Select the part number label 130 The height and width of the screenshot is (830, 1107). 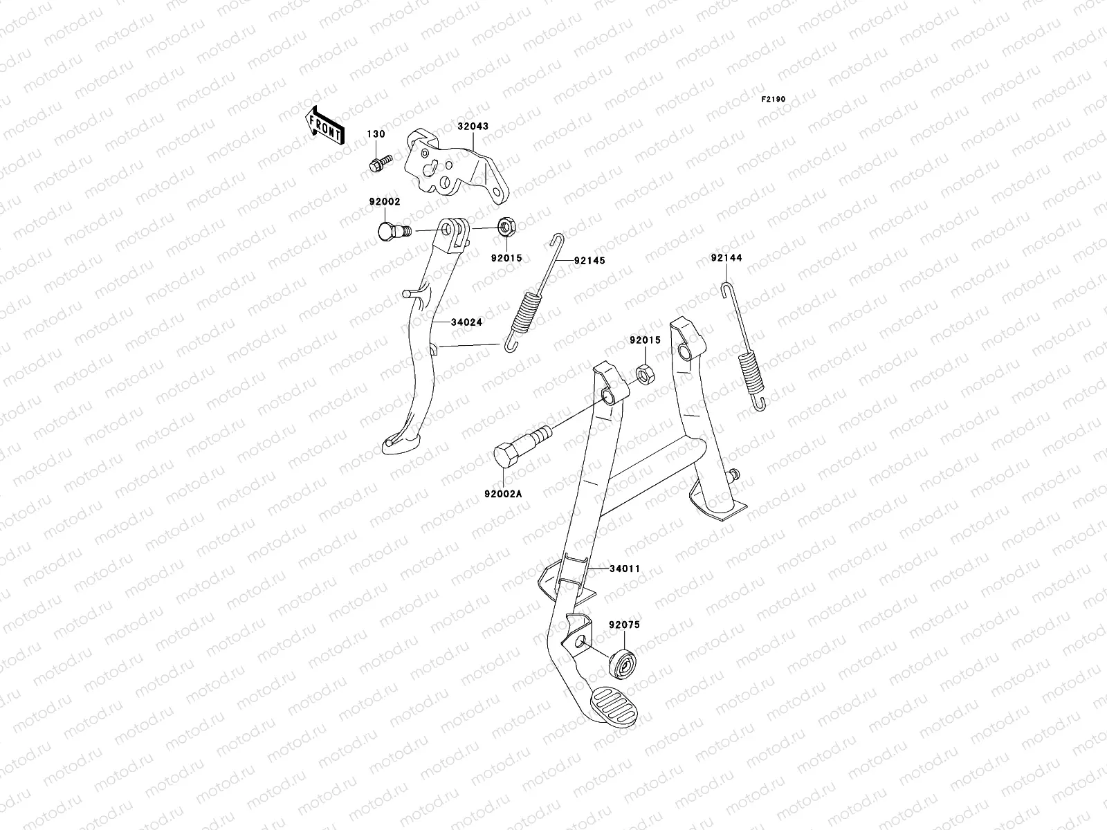376,133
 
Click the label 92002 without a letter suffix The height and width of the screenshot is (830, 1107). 384,202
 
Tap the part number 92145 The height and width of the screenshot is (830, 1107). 589,261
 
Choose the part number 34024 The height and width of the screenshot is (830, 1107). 466,322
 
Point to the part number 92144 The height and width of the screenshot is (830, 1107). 726,258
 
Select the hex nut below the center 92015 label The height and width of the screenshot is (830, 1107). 641,374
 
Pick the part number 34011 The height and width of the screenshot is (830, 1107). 625,569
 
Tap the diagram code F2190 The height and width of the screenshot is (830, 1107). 774,100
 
